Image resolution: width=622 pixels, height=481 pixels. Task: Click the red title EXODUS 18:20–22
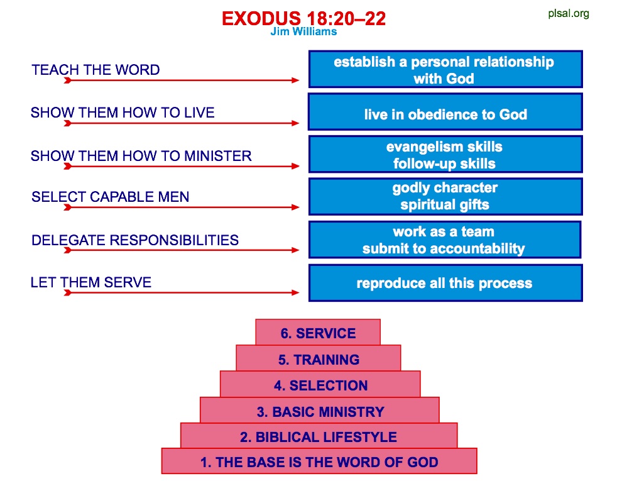303,18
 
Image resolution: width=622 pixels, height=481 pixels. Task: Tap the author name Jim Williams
303,31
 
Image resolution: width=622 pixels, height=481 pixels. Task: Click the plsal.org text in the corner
569,13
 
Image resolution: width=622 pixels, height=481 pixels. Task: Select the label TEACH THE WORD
95,70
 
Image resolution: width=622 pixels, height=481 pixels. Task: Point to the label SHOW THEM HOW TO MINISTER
141,156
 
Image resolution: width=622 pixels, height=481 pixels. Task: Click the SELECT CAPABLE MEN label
111,197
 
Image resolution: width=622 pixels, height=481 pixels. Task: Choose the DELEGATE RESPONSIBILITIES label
135,240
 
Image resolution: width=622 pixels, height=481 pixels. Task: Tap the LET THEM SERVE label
91,282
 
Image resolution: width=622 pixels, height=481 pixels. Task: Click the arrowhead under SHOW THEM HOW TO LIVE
295,123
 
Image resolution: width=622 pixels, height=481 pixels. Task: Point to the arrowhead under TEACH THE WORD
295,80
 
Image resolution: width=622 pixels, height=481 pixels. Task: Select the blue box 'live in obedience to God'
445,112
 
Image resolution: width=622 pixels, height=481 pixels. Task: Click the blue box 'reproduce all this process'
445,283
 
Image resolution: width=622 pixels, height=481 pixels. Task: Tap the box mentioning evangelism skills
445,155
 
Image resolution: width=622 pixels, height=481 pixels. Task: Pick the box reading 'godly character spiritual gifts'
445,196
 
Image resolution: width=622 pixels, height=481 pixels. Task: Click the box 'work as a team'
445,240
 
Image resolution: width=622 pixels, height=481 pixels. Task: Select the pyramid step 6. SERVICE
318,332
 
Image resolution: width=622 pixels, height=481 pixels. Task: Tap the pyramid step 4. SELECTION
320,384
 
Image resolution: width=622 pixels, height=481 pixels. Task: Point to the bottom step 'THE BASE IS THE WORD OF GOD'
319,461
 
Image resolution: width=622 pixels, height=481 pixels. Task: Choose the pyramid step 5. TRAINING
319,358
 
